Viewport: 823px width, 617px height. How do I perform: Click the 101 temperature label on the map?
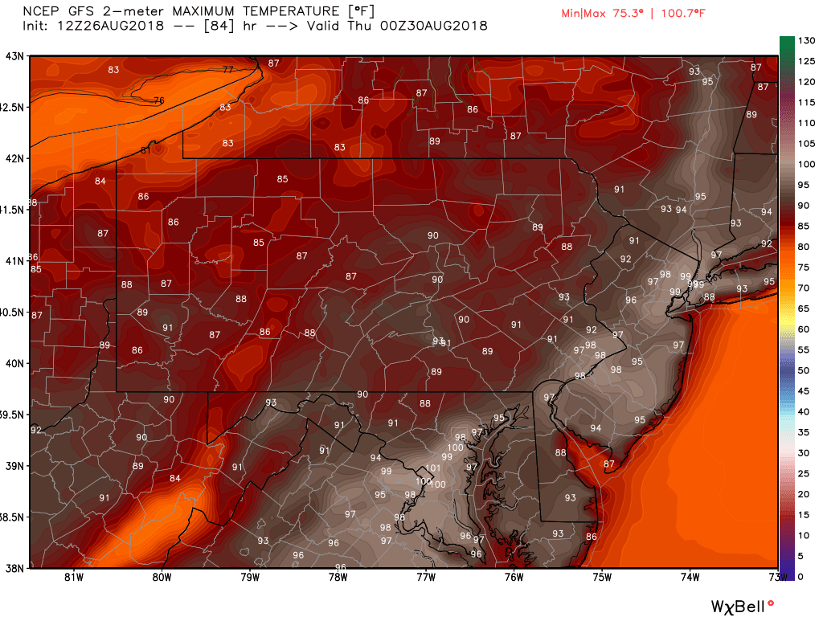tap(432, 468)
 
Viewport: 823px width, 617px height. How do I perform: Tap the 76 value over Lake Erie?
tap(158, 100)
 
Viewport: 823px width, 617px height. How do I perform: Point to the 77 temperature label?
tap(228, 70)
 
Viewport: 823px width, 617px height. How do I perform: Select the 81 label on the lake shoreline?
tap(145, 150)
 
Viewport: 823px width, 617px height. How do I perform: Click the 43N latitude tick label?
tap(14, 56)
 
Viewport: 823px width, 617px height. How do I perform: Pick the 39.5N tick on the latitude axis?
tap(14, 415)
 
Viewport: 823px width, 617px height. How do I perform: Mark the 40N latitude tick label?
tap(14, 363)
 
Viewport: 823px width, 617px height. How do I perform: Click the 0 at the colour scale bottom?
tap(800, 575)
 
